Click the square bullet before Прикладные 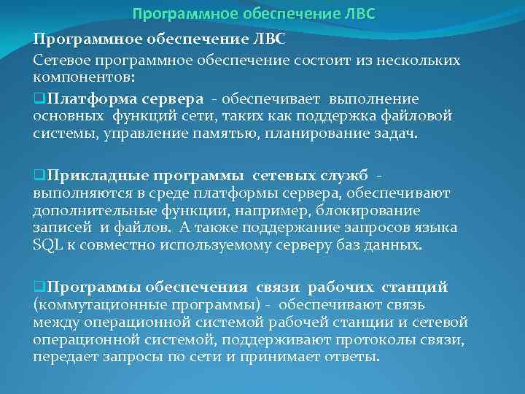(x=38, y=176)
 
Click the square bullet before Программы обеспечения (x=38, y=287)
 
